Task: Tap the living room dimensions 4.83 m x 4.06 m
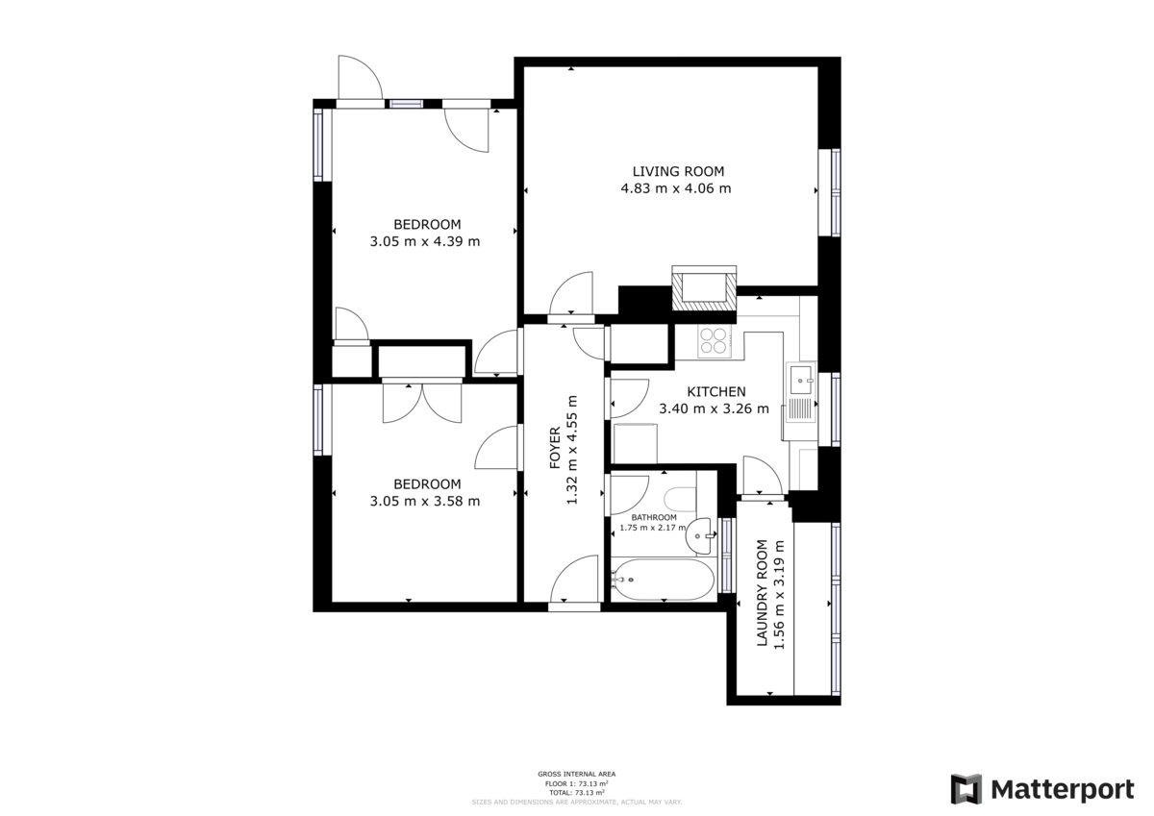pos(676,188)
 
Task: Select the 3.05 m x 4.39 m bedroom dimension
pos(425,241)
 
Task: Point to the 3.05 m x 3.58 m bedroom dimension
pos(425,501)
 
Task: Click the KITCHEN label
pos(716,392)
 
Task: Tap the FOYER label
pos(555,447)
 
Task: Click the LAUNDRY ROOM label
pos(763,593)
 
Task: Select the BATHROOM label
pos(654,517)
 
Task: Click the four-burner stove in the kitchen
pos(714,340)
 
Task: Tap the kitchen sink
pos(799,382)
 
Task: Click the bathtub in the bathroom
pos(663,581)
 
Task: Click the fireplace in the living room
pos(705,289)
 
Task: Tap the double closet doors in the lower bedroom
pos(422,401)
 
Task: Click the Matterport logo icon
pos(966,789)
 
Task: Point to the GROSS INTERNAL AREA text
pos(577,774)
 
